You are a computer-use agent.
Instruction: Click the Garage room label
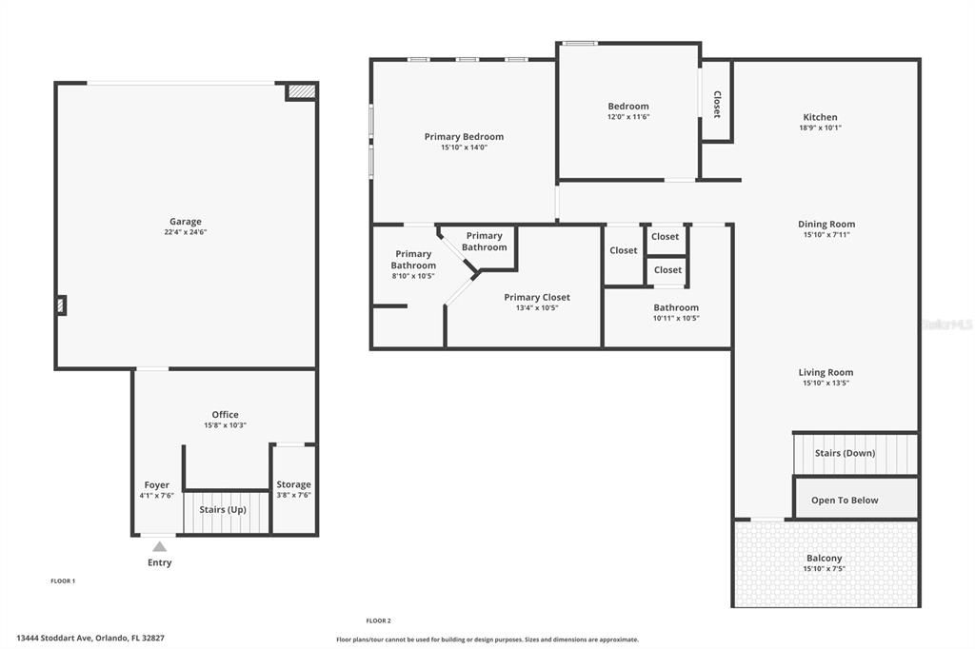click(x=186, y=222)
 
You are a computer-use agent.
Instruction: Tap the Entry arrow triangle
click(x=160, y=546)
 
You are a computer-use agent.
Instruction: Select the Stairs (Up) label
click(x=223, y=509)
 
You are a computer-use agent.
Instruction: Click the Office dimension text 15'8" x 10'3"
click(x=225, y=425)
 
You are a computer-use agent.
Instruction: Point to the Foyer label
click(x=157, y=484)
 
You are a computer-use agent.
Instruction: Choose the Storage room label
click(x=293, y=484)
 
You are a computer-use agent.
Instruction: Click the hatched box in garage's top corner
click(x=301, y=91)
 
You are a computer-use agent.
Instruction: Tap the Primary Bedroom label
click(x=464, y=136)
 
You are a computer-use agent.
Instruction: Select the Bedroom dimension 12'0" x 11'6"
click(x=628, y=117)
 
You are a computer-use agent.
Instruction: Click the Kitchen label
click(x=820, y=117)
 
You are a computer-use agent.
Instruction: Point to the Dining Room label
click(x=826, y=225)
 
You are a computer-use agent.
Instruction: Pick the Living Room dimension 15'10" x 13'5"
click(x=826, y=383)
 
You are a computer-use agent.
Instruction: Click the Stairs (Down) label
click(x=845, y=453)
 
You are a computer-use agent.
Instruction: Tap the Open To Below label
click(x=845, y=500)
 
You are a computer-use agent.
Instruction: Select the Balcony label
click(x=825, y=558)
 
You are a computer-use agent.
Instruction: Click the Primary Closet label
click(x=537, y=297)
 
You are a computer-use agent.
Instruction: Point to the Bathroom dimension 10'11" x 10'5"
click(x=676, y=318)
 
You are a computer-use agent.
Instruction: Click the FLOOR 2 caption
click(x=379, y=620)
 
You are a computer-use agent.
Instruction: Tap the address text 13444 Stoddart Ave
click(x=57, y=639)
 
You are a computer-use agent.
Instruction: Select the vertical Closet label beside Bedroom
click(x=717, y=104)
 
